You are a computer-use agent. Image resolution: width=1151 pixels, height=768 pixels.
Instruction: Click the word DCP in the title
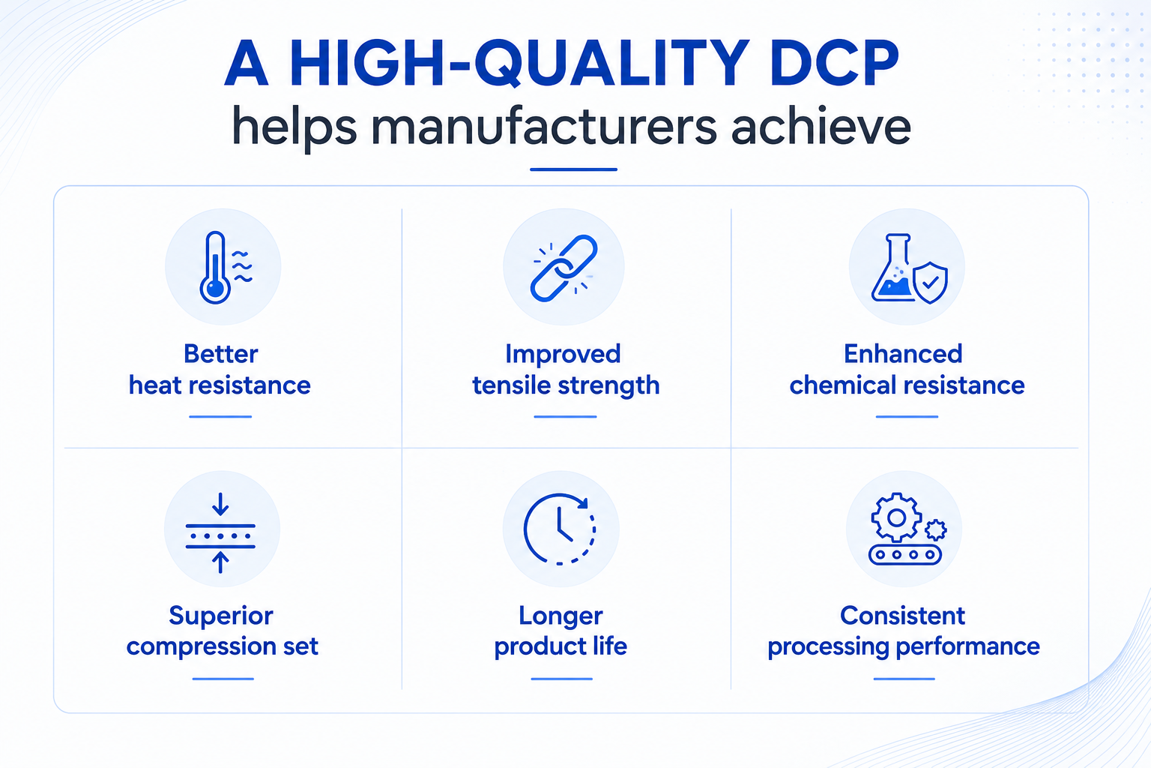(x=834, y=63)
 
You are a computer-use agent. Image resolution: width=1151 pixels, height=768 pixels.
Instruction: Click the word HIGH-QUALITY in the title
(x=521, y=64)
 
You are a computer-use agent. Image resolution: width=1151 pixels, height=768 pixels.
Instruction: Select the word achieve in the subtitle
(x=821, y=126)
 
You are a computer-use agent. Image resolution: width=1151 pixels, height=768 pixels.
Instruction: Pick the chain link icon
(x=564, y=268)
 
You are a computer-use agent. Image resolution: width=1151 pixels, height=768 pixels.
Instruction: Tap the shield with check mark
(x=930, y=283)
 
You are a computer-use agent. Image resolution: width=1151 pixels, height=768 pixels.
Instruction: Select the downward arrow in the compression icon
(x=220, y=503)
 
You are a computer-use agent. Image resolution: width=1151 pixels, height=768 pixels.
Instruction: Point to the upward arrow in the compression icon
(x=220, y=562)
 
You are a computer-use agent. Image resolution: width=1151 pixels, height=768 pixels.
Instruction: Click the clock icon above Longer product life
(x=560, y=529)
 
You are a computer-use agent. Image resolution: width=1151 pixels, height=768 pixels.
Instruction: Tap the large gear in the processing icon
(x=897, y=517)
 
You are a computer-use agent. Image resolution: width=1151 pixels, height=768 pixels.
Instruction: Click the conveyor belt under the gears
(x=905, y=554)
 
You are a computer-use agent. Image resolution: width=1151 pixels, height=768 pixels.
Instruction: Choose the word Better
(x=221, y=354)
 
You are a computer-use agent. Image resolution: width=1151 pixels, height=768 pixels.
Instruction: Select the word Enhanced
(x=903, y=354)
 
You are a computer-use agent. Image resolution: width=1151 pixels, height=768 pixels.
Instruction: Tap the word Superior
(x=221, y=616)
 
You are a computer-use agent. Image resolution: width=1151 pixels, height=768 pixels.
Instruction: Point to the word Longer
(x=561, y=616)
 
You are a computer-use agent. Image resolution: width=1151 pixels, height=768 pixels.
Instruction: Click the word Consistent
(x=903, y=616)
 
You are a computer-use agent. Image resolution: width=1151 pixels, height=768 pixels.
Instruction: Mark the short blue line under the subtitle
(x=573, y=169)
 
